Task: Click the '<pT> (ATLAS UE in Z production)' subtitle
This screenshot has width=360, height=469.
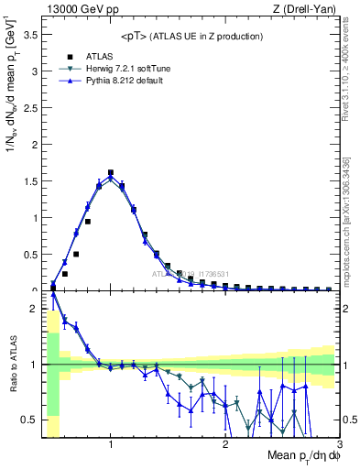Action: tap(191, 36)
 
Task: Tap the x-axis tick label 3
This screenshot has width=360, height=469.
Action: tap(339, 444)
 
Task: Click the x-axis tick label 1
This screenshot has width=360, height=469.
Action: tap(111, 444)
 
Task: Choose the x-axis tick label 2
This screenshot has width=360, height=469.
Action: tap(225, 444)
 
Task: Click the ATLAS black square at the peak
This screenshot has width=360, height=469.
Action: tap(111, 172)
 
